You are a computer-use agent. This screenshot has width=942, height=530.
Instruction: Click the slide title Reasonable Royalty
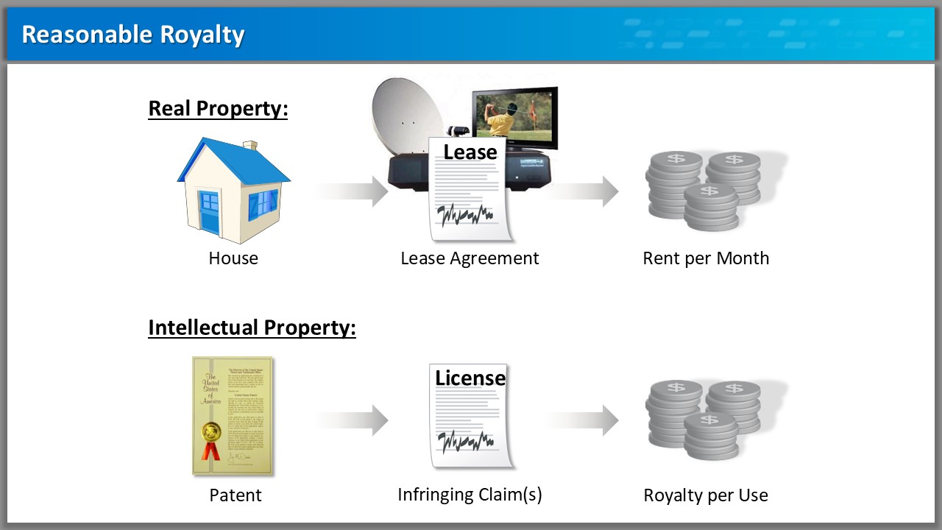pyautogui.click(x=133, y=35)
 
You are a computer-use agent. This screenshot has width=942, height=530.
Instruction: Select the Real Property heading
pyautogui.click(x=218, y=108)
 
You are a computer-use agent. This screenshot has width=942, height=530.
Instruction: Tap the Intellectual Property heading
pyautogui.click(x=252, y=327)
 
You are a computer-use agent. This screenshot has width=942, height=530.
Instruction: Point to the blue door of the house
pyautogui.click(x=210, y=213)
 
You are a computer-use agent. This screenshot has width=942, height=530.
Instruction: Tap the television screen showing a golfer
pyautogui.click(x=513, y=114)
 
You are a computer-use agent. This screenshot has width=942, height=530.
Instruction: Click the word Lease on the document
pyautogui.click(x=470, y=152)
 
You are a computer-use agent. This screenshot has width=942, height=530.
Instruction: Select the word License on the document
pyautogui.click(x=470, y=378)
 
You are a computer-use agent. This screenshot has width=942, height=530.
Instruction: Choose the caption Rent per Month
pyautogui.click(x=706, y=258)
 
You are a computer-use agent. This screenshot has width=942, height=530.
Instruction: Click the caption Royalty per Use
pyautogui.click(x=706, y=495)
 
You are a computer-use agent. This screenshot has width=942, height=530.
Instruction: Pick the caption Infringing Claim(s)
pyautogui.click(x=470, y=495)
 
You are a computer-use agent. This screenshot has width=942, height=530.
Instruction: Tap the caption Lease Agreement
pyautogui.click(x=470, y=258)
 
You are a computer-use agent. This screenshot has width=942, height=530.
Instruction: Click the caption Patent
pyautogui.click(x=235, y=495)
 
